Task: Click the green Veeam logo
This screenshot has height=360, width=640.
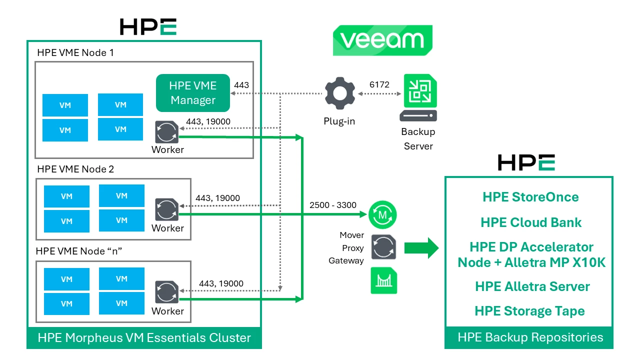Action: (382, 40)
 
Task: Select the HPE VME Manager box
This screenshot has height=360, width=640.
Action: (192, 93)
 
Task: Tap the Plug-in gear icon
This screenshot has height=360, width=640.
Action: (339, 93)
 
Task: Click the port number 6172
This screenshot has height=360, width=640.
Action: (379, 84)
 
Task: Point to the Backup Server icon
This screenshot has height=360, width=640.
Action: (418, 98)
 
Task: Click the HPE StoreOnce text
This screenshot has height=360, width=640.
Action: (530, 197)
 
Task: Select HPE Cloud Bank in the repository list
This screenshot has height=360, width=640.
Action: (531, 222)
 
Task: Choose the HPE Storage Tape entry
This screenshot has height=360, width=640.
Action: (529, 311)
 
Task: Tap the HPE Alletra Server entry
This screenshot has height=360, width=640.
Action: (532, 286)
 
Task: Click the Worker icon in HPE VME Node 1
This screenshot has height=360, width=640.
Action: (167, 132)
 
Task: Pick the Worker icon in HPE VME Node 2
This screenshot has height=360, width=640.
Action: (167, 210)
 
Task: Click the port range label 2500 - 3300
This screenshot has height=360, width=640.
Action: (333, 205)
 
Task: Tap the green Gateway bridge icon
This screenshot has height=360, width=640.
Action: (383, 280)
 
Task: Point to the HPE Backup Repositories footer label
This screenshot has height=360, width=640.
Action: (530, 337)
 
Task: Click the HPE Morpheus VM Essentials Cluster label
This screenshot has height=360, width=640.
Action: (144, 338)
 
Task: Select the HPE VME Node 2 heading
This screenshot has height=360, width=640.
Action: (75, 169)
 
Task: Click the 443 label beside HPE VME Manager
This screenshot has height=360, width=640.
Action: (241, 85)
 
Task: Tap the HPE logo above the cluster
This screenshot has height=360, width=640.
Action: (148, 26)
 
